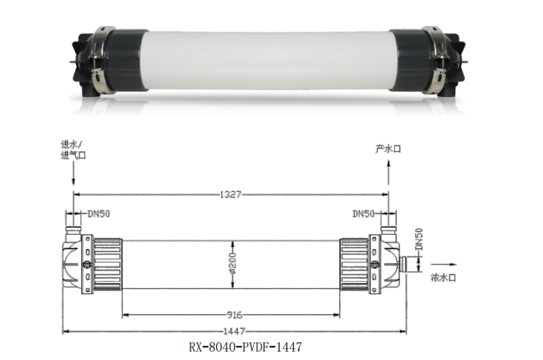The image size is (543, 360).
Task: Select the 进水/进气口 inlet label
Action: [x=74, y=150]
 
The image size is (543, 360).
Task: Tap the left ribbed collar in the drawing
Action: [x=107, y=263]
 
